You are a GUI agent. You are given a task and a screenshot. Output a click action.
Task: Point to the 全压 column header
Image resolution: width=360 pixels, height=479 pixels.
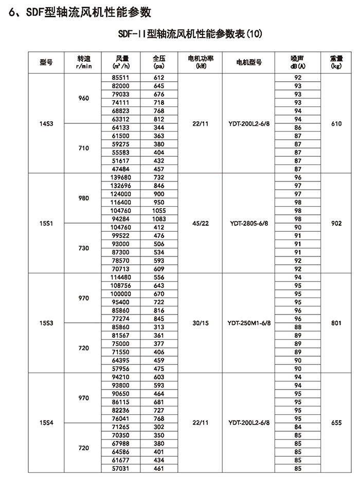[x=159, y=62]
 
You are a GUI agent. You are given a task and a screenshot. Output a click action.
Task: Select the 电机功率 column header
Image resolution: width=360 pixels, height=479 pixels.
[x=198, y=62]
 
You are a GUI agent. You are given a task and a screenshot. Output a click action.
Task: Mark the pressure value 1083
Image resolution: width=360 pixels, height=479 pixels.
[x=159, y=219]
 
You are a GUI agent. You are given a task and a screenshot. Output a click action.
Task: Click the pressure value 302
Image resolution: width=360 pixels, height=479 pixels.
[x=159, y=427]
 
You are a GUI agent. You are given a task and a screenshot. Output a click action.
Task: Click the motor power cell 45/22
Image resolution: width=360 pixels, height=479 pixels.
[x=198, y=224]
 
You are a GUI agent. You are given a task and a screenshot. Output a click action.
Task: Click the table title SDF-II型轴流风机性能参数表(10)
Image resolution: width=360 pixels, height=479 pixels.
[x=190, y=34]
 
